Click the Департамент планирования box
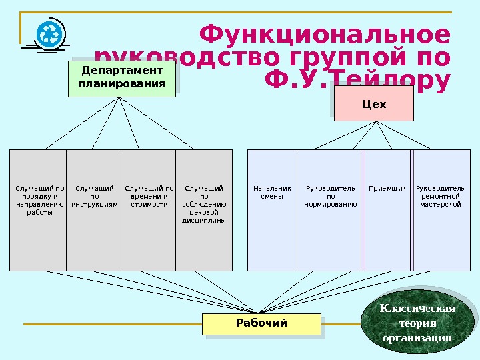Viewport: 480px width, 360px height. click(x=121, y=78)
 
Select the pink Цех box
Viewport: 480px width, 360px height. click(x=373, y=105)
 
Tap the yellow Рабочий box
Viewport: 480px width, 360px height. click(x=261, y=324)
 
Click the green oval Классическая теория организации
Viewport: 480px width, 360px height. click(x=417, y=323)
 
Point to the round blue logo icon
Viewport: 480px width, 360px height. click(x=49, y=34)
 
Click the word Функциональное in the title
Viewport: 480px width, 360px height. click(x=325, y=35)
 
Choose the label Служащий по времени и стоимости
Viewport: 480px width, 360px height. click(x=149, y=197)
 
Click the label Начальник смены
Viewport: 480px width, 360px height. click(x=272, y=193)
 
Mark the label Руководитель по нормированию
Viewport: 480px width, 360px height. click(x=331, y=197)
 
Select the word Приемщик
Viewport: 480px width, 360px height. click(x=387, y=189)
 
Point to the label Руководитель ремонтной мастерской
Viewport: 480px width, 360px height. click(x=441, y=197)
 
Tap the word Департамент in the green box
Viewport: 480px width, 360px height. click(x=121, y=71)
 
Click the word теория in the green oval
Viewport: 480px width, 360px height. click(x=417, y=323)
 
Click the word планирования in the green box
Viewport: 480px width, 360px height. click(x=121, y=84)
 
